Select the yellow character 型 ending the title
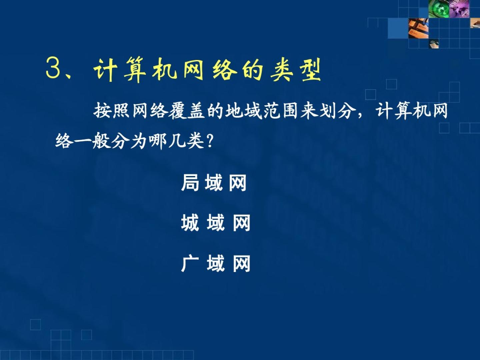pyautogui.click(x=310, y=70)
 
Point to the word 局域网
pyautogui.click(x=214, y=183)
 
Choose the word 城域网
pyautogui.click(x=216, y=223)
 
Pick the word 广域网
pyautogui.click(x=216, y=263)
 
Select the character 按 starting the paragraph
pyautogui.click(x=102, y=110)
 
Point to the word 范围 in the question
pyautogui.click(x=281, y=111)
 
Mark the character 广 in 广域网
pyautogui.click(x=190, y=263)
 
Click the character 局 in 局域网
pyautogui.click(x=190, y=183)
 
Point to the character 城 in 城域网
pyautogui.click(x=190, y=223)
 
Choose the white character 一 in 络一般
pyautogui.click(x=82, y=141)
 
